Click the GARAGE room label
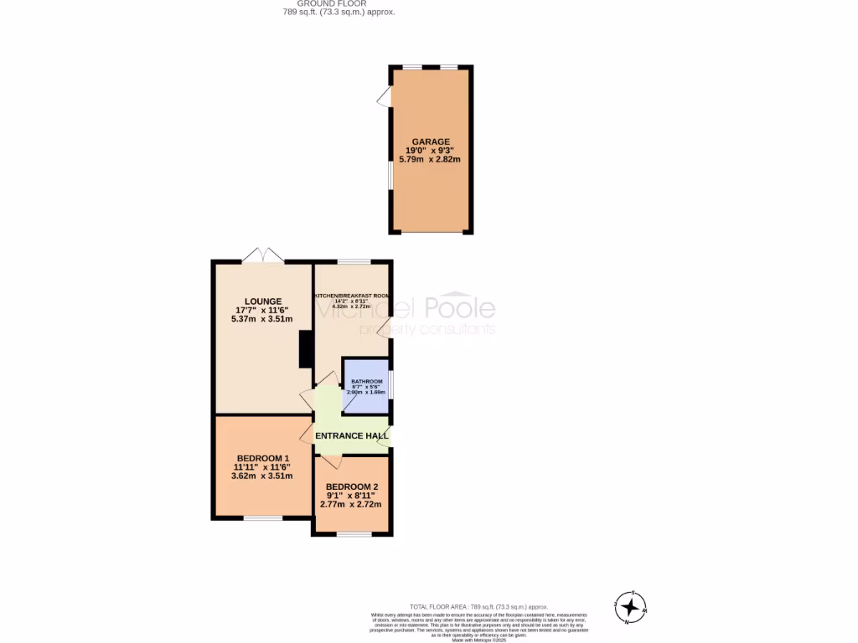coord(430,141)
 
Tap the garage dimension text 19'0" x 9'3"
coord(430,151)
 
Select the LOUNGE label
coord(263,301)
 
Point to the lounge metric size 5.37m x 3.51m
coord(263,319)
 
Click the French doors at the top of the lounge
coord(263,256)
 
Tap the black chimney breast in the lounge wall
coord(306,349)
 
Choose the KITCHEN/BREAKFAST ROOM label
coord(352,296)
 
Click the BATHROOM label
coord(366,382)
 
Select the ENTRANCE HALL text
coord(352,436)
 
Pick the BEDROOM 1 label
coord(263,458)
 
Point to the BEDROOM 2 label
coord(352,486)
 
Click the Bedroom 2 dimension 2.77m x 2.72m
coord(352,504)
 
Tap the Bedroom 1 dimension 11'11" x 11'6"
coord(263,466)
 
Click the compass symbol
coord(629,606)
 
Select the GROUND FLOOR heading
coord(338,3)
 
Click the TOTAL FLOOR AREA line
coord(478,606)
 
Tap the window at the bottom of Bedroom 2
coord(354,534)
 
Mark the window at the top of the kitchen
coord(354,262)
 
